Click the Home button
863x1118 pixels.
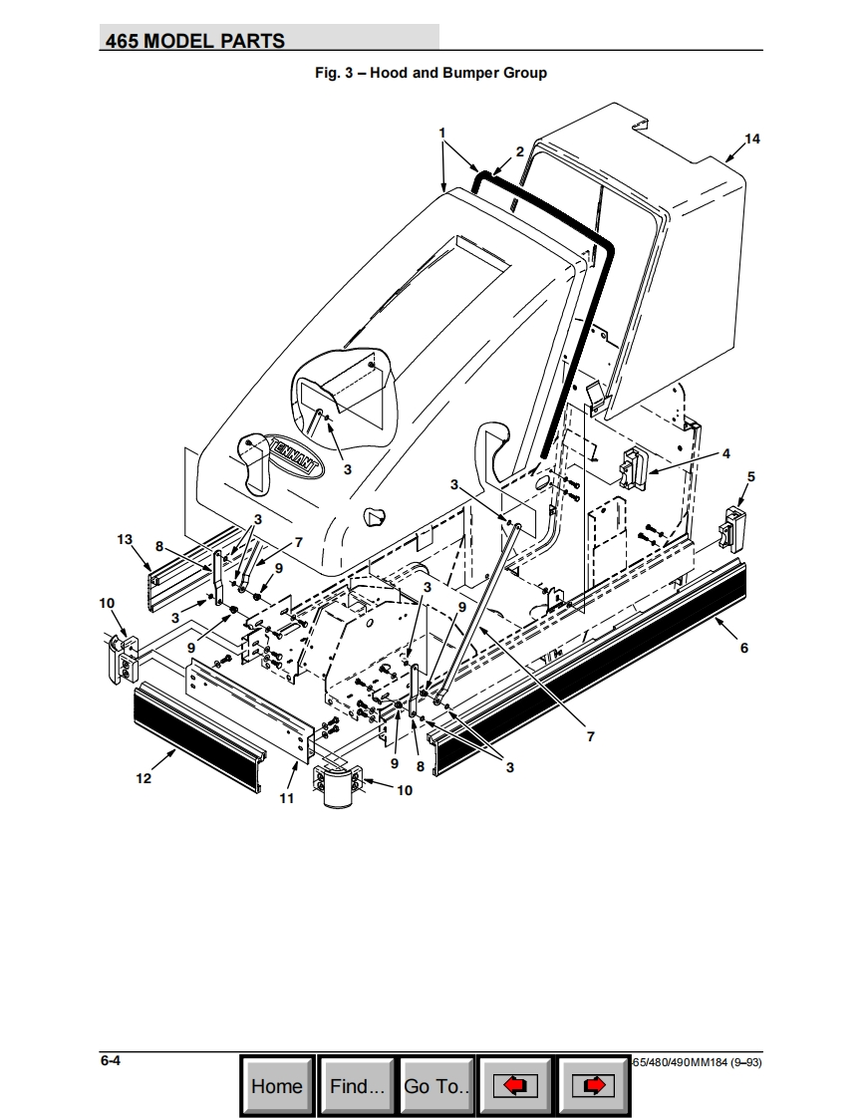coord(276,1085)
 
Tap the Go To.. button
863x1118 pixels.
coord(436,1085)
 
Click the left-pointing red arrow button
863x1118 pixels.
coord(515,1085)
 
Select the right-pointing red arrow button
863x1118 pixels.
coord(594,1085)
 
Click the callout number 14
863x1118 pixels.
coord(752,139)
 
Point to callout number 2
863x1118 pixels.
coord(519,151)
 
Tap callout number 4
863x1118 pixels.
coord(726,454)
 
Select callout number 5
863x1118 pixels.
coord(751,477)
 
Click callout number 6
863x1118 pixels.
coord(743,648)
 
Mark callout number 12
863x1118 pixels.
coord(144,778)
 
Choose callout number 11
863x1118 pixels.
coord(286,798)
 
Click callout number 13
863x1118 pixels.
coord(125,539)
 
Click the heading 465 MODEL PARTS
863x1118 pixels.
coord(195,41)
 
